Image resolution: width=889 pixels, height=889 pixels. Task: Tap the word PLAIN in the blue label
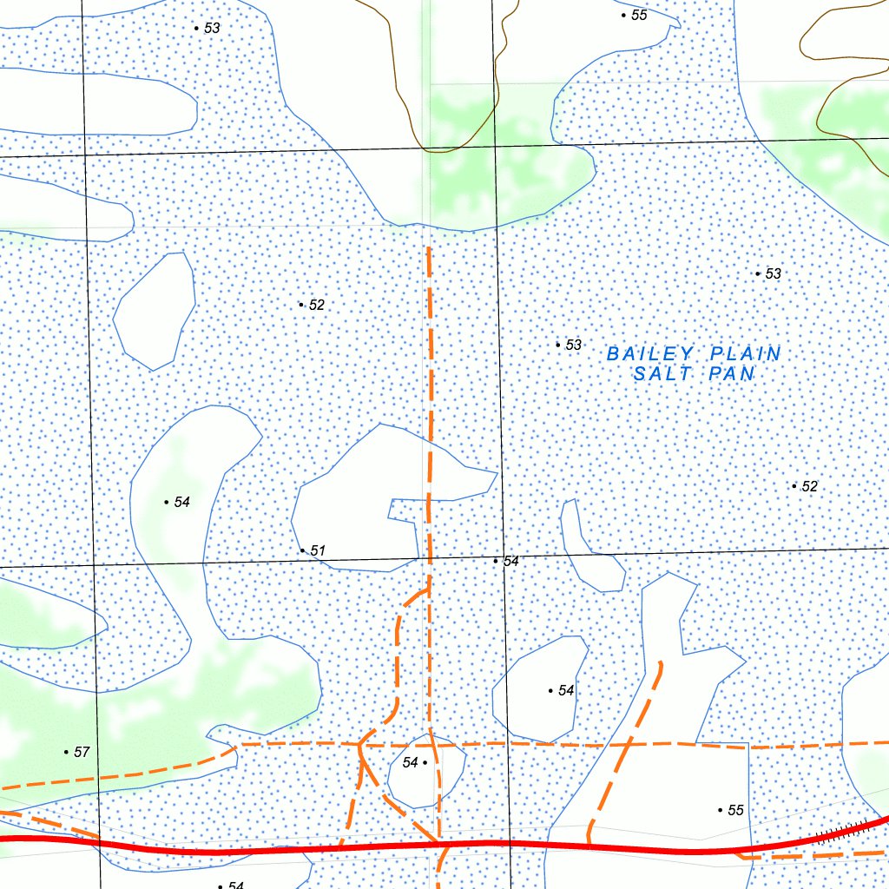(746, 354)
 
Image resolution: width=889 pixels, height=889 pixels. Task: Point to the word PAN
(731, 374)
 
